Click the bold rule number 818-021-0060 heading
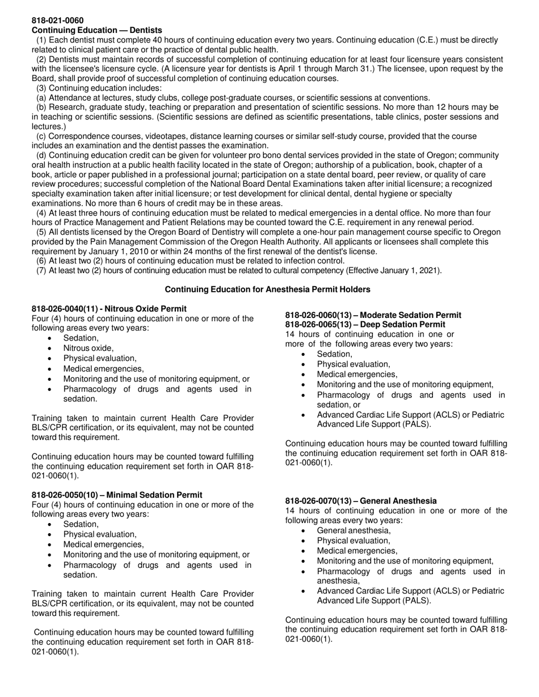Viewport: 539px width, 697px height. (x=57, y=20)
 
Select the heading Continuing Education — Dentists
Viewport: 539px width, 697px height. (x=96, y=30)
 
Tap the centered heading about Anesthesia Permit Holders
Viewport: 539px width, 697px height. (x=267, y=290)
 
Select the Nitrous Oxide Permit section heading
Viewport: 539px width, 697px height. (x=109, y=309)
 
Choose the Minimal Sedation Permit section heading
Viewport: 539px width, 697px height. (x=117, y=495)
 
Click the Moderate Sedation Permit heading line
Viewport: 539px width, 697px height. (x=373, y=315)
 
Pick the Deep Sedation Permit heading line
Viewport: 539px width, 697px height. (x=365, y=325)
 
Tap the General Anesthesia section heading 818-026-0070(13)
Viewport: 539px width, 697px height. (x=361, y=501)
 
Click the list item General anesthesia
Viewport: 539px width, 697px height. (x=353, y=530)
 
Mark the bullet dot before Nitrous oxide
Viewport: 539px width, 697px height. (x=51, y=348)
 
